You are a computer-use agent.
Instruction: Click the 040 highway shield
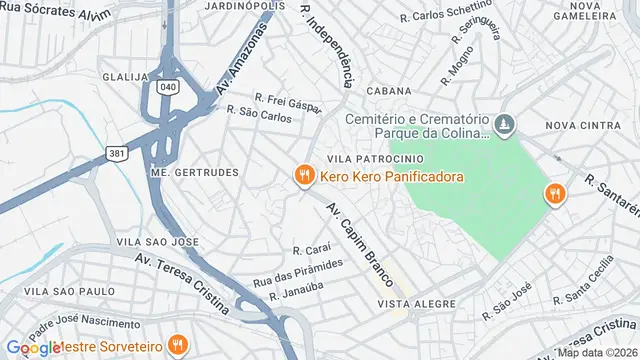168,88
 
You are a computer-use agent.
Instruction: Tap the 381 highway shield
118,153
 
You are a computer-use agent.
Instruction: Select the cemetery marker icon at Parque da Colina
506,125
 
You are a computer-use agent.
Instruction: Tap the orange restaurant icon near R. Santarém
553,194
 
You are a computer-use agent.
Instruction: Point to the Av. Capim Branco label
361,245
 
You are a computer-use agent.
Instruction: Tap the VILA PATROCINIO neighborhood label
367,158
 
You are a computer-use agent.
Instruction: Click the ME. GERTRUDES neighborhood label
194,172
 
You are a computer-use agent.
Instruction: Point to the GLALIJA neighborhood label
125,76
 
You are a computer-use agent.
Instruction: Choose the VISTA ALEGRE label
410,303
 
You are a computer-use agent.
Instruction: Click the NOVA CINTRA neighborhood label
586,125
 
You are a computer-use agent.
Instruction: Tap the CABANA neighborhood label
389,90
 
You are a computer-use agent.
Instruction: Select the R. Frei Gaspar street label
287,101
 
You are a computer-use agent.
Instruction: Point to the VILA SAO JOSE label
151,242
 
